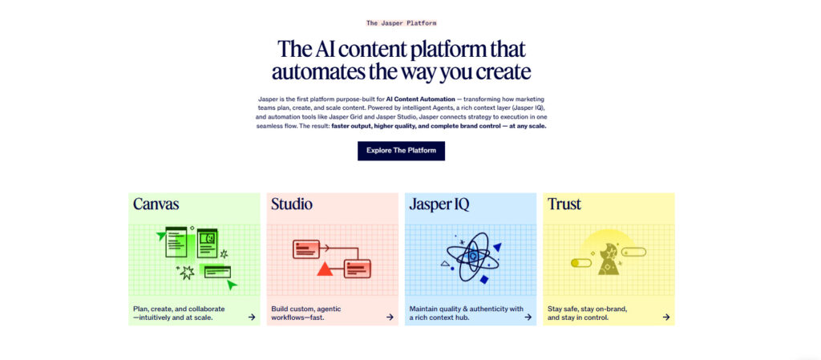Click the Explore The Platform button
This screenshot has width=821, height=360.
pyautogui.click(x=401, y=151)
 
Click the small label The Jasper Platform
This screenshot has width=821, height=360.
pyautogui.click(x=401, y=23)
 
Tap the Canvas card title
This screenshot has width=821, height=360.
pyautogui.click(x=156, y=204)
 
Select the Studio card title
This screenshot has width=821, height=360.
pyautogui.click(x=292, y=204)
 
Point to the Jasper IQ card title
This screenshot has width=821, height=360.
pyautogui.click(x=439, y=204)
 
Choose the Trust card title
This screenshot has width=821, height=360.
pyautogui.click(x=564, y=204)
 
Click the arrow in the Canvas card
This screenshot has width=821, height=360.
pyautogui.click(x=252, y=317)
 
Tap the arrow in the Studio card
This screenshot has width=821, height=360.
pyautogui.click(x=390, y=317)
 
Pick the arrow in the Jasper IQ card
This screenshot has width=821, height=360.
pyautogui.click(x=528, y=317)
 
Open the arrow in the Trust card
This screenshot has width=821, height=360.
pyautogui.click(x=666, y=317)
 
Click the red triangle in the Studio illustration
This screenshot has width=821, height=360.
pyautogui.click(x=325, y=269)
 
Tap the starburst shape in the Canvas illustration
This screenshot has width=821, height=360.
pyautogui.click(x=187, y=273)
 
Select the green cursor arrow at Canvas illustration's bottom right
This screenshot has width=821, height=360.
pyautogui.click(x=232, y=284)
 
